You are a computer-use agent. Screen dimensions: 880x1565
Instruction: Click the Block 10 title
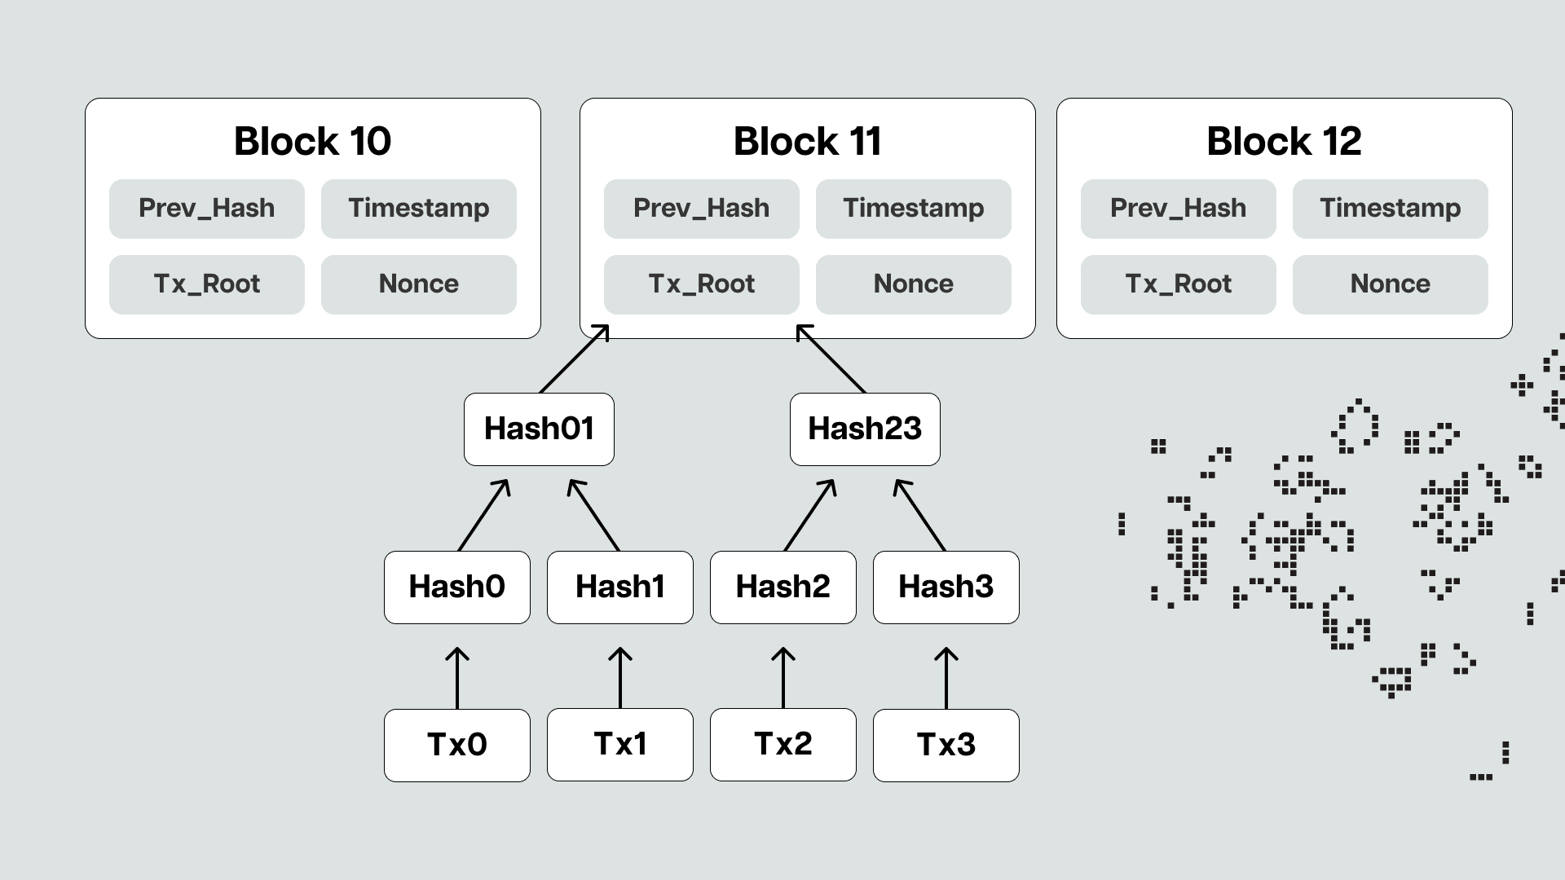312,141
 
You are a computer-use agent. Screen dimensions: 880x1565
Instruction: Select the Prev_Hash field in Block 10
206,209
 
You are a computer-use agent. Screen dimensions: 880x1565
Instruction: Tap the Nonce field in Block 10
418,284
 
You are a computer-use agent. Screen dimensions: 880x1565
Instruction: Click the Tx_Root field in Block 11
701,284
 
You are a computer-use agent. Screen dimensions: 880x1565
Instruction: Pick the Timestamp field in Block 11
913,209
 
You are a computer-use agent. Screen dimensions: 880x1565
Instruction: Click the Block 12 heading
1284,141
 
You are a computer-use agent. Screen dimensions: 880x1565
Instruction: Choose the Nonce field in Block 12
1390,284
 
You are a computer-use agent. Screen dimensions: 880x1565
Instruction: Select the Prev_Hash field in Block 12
1178,209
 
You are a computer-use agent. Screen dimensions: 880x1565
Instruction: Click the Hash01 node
539,429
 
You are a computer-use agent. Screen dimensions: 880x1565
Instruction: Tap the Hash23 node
865,429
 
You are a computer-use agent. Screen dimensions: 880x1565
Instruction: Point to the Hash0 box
456,587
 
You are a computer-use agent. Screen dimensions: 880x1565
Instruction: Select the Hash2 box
782,587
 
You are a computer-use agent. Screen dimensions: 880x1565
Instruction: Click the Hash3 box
946,587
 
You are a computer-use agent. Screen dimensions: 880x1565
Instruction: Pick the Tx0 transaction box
456,745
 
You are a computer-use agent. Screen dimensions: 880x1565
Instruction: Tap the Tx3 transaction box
946,745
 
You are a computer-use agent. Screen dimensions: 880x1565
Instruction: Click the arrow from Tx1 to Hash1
620,678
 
